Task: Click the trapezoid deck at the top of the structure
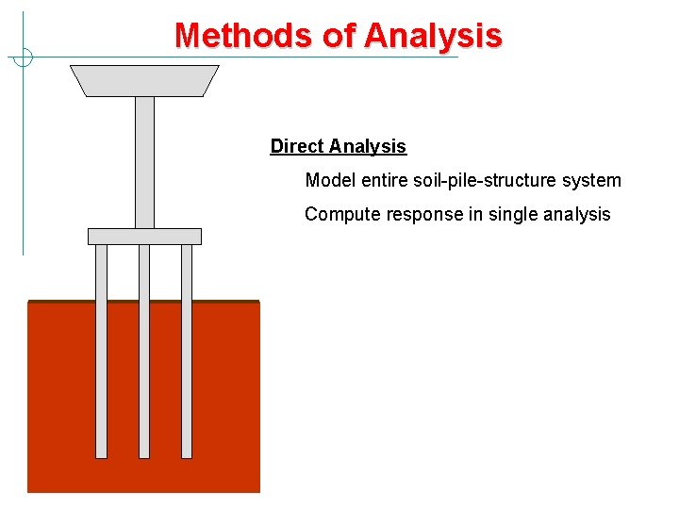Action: click(144, 80)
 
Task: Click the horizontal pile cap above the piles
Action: click(144, 236)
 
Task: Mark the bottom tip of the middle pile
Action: click(144, 456)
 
